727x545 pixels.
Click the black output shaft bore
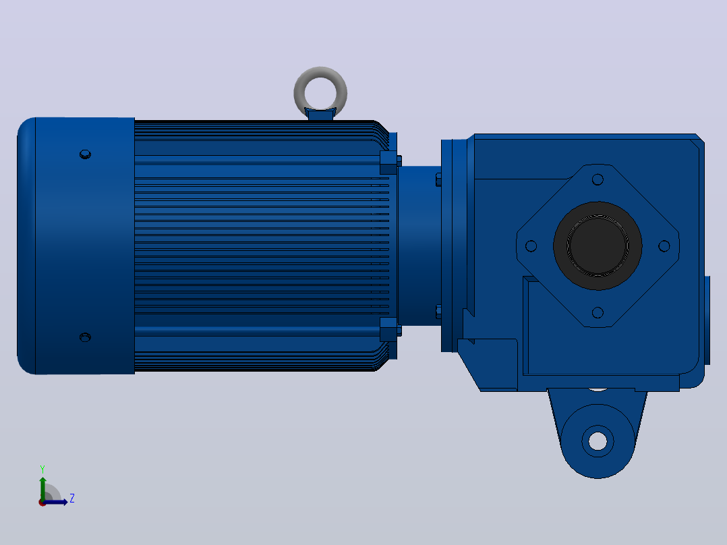tap(598, 246)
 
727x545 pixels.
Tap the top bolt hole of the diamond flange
tap(598, 179)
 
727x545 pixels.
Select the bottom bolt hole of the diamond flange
tap(598, 312)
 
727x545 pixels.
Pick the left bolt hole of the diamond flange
tap(531, 246)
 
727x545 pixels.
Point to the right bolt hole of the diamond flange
tap(664, 246)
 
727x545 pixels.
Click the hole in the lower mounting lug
tap(598, 440)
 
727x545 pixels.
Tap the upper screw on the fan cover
tap(85, 154)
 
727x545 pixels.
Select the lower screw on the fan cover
tap(85, 337)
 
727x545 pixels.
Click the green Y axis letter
tap(42, 469)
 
